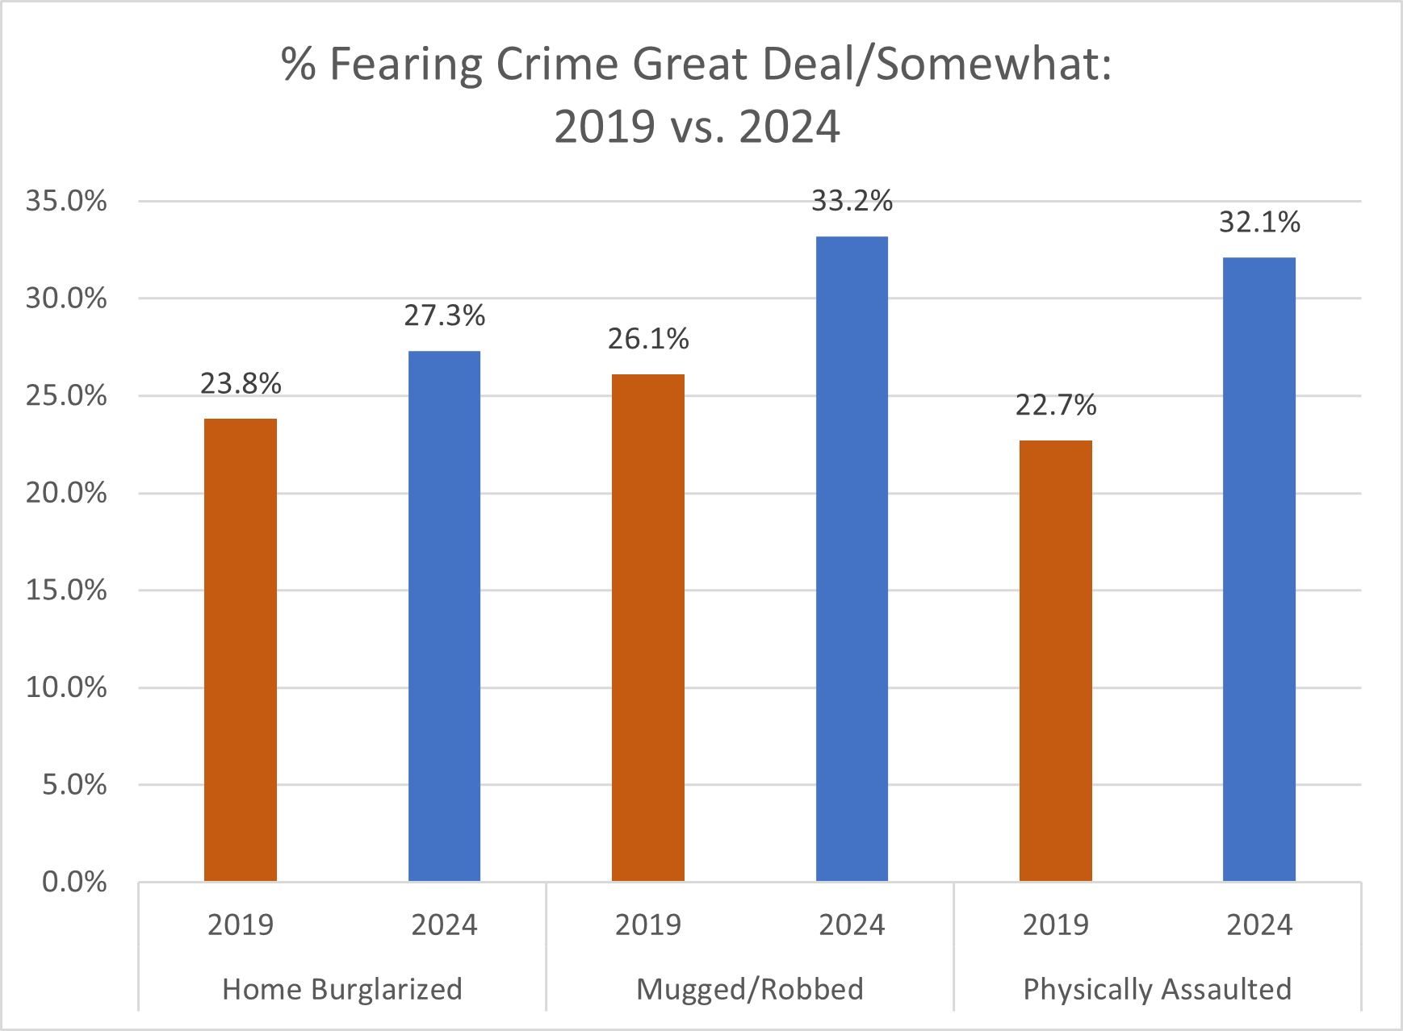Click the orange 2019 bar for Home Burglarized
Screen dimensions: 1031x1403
[241, 649]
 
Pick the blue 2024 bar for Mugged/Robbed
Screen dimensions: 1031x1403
[852, 558]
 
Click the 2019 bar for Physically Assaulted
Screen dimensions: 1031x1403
[1056, 661]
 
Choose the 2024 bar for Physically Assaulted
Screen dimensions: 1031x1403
[1259, 569]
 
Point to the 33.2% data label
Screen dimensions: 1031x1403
[852, 201]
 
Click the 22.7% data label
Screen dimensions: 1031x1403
[1056, 405]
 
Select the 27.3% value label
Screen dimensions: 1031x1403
[444, 315]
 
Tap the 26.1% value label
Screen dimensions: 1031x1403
[648, 339]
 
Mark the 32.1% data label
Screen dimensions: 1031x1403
[1259, 222]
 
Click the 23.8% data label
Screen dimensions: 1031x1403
[241, 383]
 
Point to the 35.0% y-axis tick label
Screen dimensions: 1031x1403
[66, 201]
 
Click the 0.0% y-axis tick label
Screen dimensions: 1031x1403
[74, 882]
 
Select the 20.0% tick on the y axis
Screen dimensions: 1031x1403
[66, 493]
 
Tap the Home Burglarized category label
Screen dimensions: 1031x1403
[342, 989]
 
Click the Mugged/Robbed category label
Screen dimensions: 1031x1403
[750, 989]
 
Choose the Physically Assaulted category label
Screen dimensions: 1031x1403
[1158, 989]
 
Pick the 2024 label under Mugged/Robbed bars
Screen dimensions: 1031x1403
[852, 925]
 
